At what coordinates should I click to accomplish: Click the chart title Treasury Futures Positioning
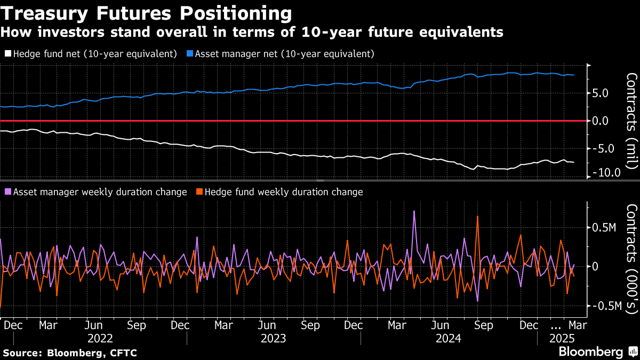point(146,12)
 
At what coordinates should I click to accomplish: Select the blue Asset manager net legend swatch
point(190,54)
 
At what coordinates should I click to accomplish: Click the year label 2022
point(100,338)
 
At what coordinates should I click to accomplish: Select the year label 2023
point(273,338)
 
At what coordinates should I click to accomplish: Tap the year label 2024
point(448,338)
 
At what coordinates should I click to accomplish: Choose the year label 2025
point(562,338)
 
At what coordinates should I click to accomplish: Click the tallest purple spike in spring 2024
point(414,211)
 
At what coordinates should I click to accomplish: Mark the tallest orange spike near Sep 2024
point(477,217)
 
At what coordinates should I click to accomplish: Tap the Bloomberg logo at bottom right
point(590,351)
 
